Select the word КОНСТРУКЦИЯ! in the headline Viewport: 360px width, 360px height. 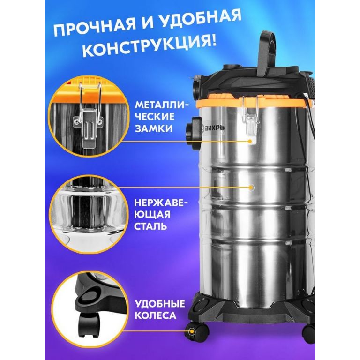150,47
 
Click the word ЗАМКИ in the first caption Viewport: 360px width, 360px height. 153,128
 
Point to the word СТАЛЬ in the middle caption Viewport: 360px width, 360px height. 150,226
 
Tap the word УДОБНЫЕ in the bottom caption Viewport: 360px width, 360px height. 159,304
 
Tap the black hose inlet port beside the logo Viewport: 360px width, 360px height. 194,131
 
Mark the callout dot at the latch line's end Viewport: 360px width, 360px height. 251,142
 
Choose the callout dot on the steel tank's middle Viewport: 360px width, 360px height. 252,187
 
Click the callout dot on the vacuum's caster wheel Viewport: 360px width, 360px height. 191,331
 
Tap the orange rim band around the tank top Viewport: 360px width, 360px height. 253,103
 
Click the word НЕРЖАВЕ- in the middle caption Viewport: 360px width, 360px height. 161,203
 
